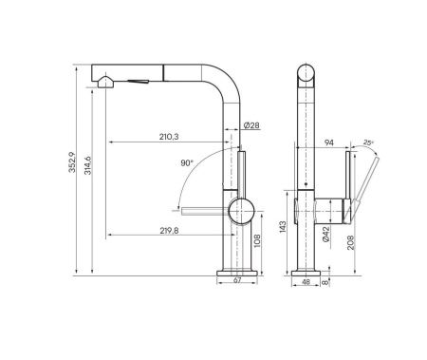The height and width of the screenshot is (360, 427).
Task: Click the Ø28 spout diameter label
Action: pyautogui.click(x=251, y=126)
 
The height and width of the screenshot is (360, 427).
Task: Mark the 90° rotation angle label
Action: pyautogui.click(x=187, y=163)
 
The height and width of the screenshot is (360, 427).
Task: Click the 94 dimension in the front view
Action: pyautogui.click(x=329, y=143)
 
